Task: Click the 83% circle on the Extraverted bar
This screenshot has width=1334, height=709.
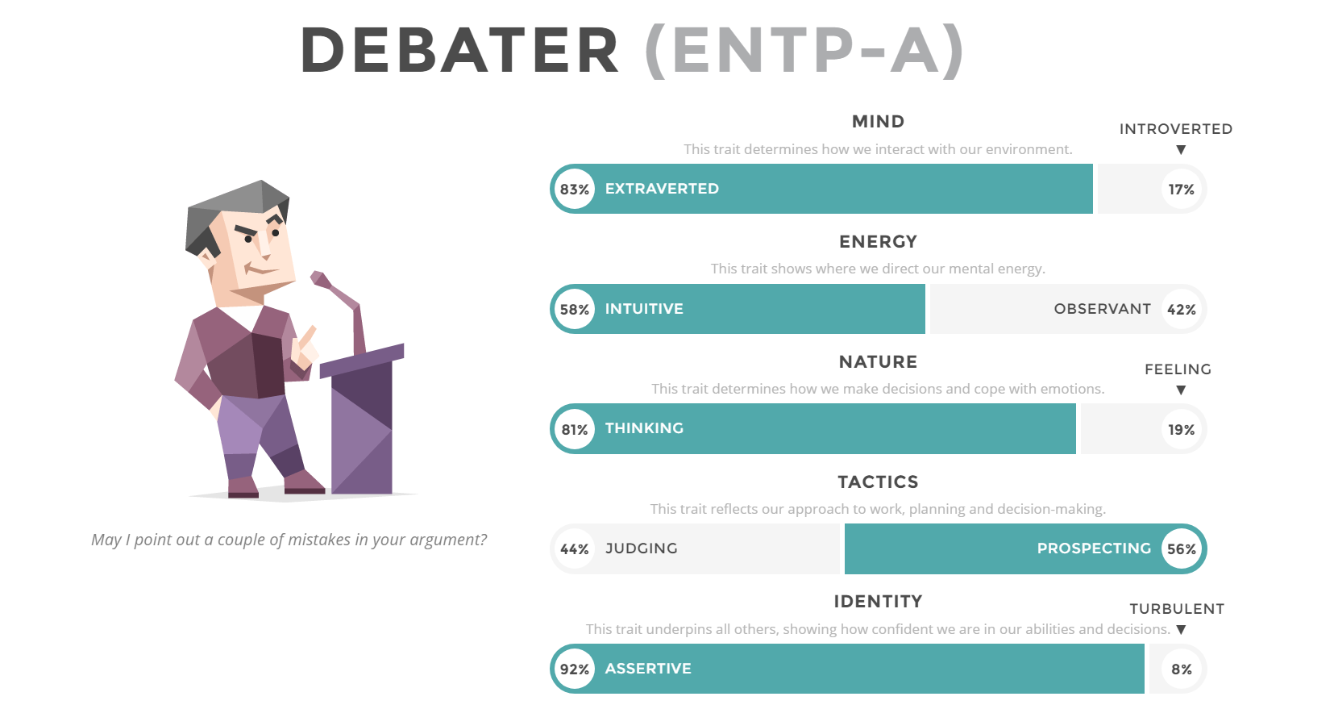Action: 574,190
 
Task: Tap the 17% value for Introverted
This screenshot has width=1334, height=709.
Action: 1181,190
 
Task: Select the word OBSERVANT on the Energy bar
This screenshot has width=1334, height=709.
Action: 1103,309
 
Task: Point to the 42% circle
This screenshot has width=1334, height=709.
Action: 1181,309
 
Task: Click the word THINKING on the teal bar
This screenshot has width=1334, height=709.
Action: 644,428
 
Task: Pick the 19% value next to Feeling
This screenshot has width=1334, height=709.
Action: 1181,430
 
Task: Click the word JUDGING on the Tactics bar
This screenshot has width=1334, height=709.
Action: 642,548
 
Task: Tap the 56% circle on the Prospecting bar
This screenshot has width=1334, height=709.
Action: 1181,548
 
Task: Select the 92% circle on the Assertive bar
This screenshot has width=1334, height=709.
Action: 574,669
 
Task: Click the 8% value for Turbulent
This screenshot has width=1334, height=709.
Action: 1181,669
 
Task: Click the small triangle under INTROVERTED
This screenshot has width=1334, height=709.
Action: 1181,150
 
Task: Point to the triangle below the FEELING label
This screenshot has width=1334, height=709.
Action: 1181,390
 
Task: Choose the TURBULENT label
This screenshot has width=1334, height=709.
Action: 1177,609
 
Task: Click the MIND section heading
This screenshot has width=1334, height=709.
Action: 878,122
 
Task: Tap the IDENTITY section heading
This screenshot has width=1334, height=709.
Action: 878,602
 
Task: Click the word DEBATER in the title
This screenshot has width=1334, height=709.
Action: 459,50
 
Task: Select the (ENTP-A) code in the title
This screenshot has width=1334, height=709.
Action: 804,51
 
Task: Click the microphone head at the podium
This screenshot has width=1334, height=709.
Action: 320,278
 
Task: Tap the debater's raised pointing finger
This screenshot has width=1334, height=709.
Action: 309,336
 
